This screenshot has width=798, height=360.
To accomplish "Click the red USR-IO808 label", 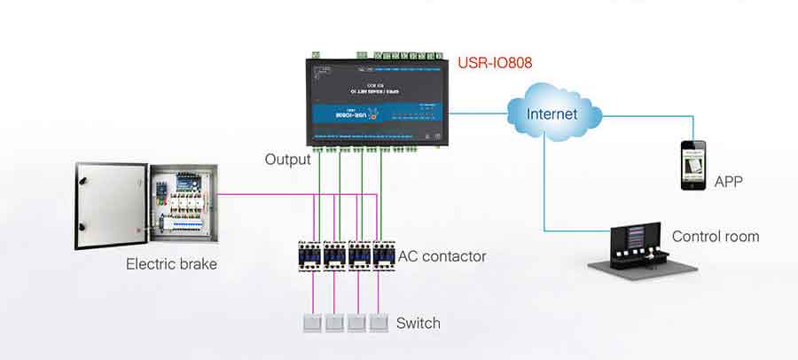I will (x=495, y=64).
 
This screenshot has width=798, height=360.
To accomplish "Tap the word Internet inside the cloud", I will (x=552, y=113).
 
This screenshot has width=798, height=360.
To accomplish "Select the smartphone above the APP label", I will (x=692, y=164).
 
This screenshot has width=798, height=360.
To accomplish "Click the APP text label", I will (x=728, y=182).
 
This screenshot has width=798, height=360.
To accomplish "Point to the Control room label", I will (x=715, y=237).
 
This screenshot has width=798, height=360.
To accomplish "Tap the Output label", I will (x=287, y=160).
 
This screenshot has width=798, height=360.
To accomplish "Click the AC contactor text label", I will (x=442, y=256).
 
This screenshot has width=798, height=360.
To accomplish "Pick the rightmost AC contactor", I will (x=382, y=254).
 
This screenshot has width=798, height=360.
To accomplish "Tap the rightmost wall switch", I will (x=379, y=323).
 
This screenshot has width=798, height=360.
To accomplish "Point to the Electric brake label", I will (x=171, y=263).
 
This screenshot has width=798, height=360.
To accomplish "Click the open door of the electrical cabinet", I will (x=109, y=206).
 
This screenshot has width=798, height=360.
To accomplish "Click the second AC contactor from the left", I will (x=334, y=254).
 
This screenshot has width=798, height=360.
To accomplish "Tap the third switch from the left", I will (x=356, y=323).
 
